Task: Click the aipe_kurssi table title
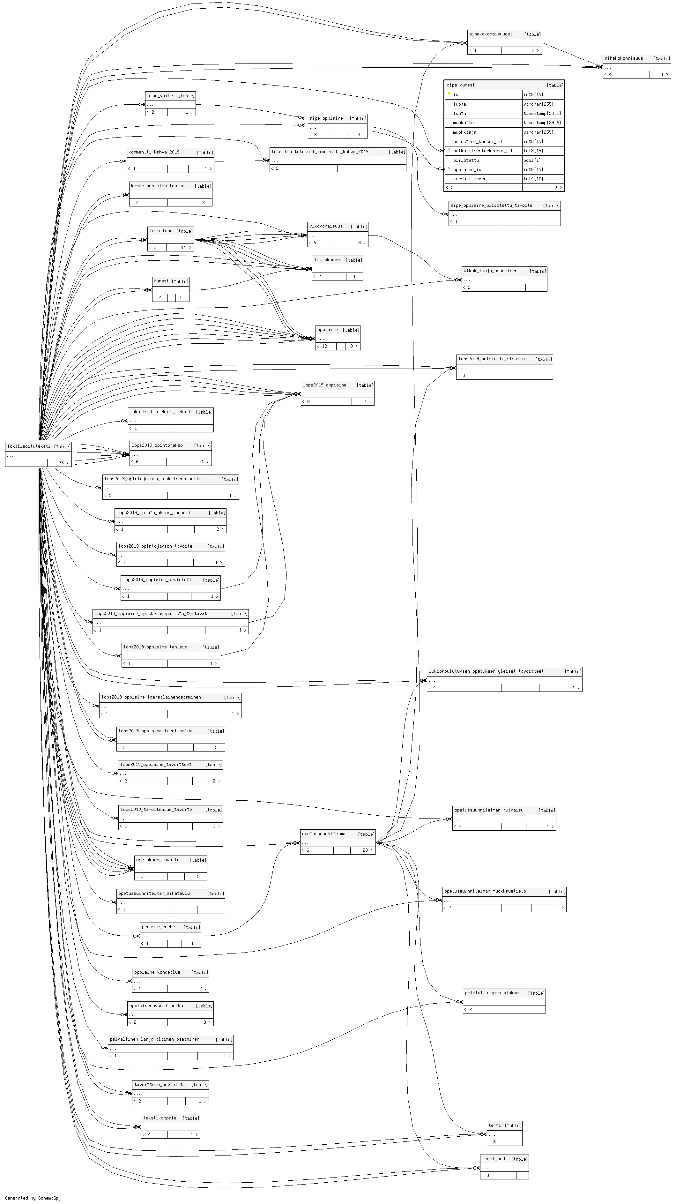461,85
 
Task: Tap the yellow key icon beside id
449,94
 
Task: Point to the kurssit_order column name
470,179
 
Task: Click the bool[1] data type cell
531,160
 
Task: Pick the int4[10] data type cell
533,179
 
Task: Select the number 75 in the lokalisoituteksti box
61,463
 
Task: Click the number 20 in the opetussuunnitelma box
365,850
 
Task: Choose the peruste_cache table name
158,927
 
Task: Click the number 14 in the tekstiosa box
184,247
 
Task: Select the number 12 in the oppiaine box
324,346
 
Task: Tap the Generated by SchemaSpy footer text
33,1198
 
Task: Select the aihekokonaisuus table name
624,58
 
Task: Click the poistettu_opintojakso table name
492,993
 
